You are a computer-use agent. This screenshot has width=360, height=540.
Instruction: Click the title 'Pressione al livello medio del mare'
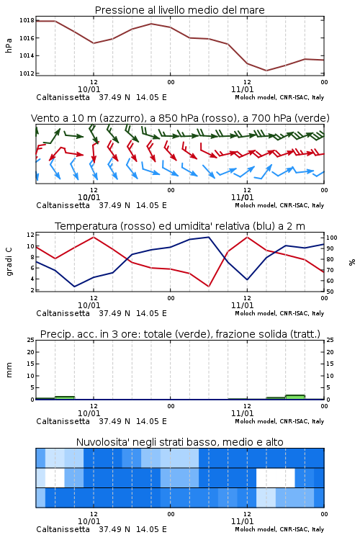point(179,10)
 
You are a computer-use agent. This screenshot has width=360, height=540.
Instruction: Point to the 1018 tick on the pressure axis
point(27,20)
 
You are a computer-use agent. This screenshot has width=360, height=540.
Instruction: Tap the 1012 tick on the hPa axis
point(27,73)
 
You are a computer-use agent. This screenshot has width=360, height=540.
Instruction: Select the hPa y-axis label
point(9,45)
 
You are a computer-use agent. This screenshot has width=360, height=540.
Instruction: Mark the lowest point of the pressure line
point(266,71)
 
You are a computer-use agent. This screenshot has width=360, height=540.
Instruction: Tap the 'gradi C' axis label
point(9,261)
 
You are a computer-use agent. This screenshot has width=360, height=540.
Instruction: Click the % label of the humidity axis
point(352,262)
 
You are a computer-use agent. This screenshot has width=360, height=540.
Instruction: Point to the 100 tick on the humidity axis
point(332,238)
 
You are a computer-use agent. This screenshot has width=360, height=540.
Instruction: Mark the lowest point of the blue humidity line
point(74,287)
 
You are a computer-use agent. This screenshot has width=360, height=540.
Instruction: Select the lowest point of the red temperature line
point(209,287)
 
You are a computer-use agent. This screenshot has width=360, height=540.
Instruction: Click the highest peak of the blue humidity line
point(209,237)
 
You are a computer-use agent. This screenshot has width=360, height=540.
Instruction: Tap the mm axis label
point(9,370)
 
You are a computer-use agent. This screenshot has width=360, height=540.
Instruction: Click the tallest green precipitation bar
point(295,397)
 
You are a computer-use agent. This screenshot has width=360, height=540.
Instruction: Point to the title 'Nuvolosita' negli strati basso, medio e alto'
point(179,442)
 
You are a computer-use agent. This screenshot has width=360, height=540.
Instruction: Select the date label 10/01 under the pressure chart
point(89,89)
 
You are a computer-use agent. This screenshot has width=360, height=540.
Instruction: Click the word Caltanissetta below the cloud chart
point(63,529)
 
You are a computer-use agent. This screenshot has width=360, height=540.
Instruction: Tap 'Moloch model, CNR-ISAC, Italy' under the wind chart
point(279,205)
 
